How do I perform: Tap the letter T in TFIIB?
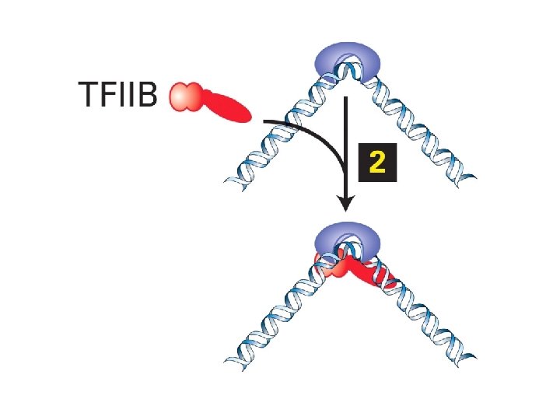[x=87, y=96]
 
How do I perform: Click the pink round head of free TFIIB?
[x=184, y=96]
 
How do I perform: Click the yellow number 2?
[x=376, y=163]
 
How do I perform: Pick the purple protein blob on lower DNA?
[x=345, y=237]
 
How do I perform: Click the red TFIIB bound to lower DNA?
[x=366, y=270]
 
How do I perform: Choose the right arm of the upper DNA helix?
[x=416, y=128]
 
